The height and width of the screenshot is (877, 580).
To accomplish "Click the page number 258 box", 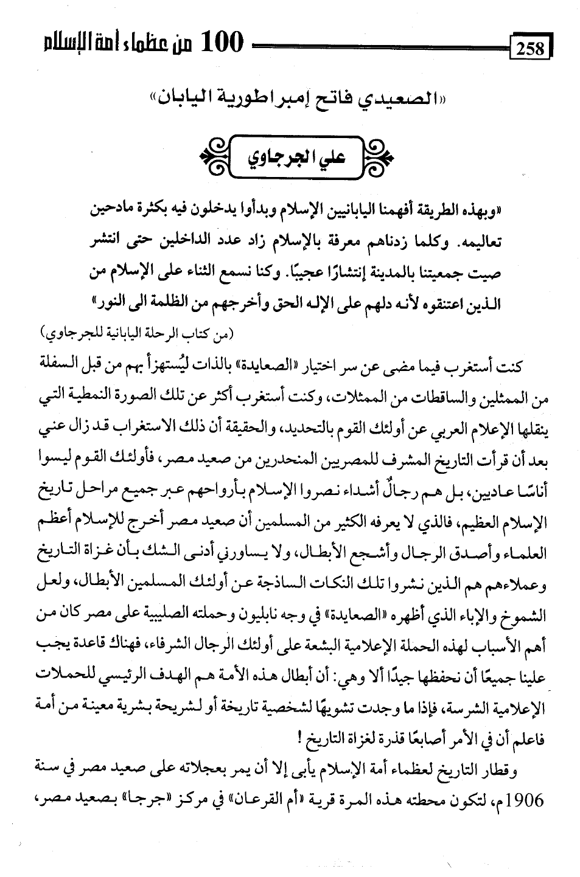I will point(531,47).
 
